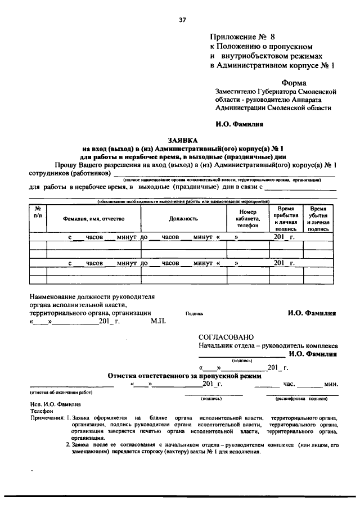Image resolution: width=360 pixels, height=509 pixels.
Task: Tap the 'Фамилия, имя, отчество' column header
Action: click(93, 219)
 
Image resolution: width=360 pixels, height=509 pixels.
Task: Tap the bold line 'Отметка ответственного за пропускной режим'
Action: click(184, 375)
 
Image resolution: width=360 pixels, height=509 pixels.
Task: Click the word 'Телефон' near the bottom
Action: click(41, 411)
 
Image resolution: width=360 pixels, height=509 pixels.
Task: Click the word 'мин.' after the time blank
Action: click(330, 384)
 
